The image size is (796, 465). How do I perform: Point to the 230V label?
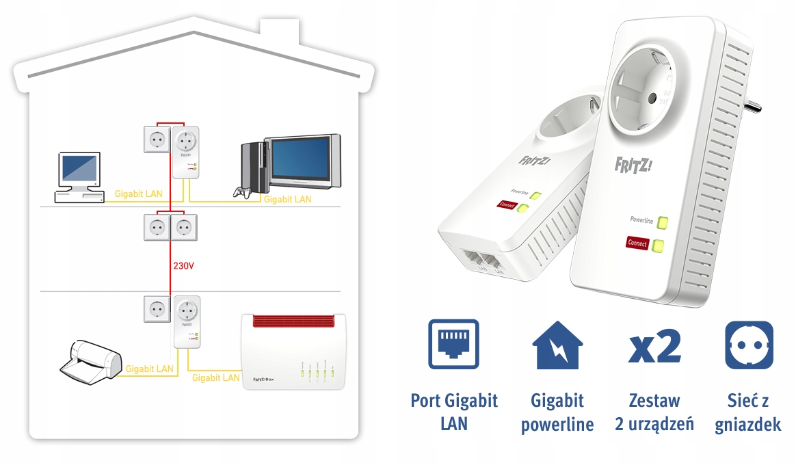point(184,265)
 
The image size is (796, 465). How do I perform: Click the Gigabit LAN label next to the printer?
point(150,369)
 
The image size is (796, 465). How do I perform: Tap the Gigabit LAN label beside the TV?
point(287,199)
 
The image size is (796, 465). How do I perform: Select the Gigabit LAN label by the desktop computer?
point(138,194)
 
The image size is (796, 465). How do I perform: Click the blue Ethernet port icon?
point(453,345)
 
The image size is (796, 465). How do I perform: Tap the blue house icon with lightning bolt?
point(557,345)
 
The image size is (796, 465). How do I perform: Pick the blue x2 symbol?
point(654,346)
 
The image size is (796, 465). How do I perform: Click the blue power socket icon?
point(748,345)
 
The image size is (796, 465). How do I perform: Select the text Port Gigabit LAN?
point(453,412)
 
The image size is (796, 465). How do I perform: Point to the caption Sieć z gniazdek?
point(747,412)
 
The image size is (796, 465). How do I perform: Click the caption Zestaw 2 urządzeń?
point(654,412)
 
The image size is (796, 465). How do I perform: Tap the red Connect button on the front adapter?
point(637,243)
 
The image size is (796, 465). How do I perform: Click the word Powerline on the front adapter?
point(641,220)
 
